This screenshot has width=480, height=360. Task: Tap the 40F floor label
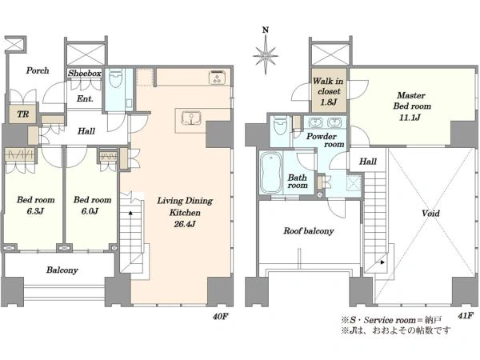click(x=221, y=316)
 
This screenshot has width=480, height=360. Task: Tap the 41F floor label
click(x=466, y=316)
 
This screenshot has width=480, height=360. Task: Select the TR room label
click(x=23, y=114)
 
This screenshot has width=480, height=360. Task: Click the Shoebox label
click(x=85, y=73)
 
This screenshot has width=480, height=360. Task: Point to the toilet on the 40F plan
click(x=116, y=78)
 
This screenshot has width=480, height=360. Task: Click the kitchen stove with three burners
click(x=217, y=77)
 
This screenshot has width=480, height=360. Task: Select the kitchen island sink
click(x=191, y=118)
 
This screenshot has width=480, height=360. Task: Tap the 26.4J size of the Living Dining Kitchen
click(x=185, y=224)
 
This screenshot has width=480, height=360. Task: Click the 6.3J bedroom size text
click(x=35, y=211)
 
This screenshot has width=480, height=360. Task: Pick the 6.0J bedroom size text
click(x=90, y=211)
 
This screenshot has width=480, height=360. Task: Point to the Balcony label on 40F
click(x=62, y=270)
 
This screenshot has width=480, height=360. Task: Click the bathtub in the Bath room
click(x=271, y=173)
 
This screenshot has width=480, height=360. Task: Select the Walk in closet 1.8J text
click(x=328, y=91)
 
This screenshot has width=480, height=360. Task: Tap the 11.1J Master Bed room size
click(x=410, y=118)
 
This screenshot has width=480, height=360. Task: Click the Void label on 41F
click(x=430, y=213)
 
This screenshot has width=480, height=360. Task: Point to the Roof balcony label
click(x=309, y=231)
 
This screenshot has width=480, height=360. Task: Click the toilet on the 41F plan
click(x=281, y=125)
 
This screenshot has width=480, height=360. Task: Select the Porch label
click(x=38, y=70)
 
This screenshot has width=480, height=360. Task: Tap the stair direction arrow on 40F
click(x=130, y=212)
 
